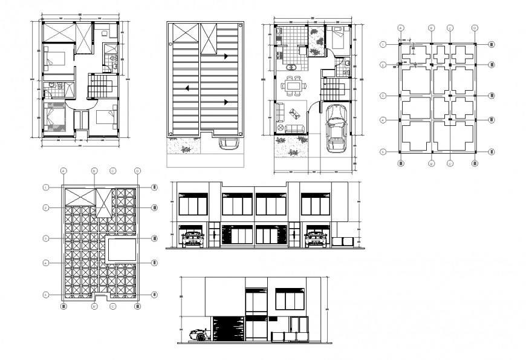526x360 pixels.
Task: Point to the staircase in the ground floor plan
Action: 332,88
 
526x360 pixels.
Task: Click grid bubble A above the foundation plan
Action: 401,28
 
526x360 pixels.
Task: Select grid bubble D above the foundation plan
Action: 475,28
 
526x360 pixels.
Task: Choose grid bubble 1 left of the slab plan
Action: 46,187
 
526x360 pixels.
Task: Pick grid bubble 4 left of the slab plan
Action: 46,263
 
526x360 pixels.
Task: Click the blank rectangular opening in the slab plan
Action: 121,249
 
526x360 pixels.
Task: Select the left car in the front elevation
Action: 192,238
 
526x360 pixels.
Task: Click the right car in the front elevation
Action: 316,238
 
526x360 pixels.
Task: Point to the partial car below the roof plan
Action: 229,143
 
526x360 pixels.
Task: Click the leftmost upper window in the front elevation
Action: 193,205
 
